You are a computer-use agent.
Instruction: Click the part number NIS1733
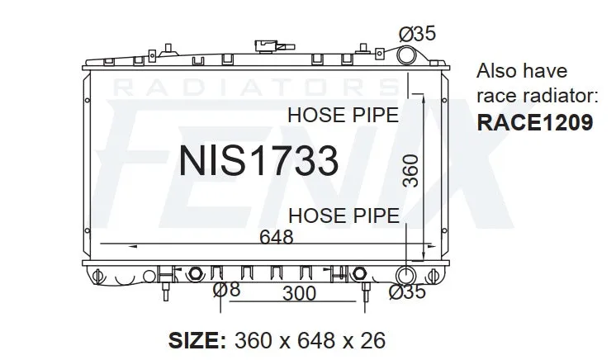258,160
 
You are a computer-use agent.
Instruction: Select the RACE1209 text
535,122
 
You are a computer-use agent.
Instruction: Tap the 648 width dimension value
276,237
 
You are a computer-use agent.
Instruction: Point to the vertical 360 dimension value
411,171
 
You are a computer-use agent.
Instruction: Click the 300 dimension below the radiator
300,294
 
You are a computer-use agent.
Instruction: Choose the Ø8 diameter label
226,290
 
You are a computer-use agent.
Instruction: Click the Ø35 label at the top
417,33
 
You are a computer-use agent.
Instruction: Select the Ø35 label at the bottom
407,291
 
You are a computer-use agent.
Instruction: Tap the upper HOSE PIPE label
343,115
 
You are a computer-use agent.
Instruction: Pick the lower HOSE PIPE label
344,216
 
